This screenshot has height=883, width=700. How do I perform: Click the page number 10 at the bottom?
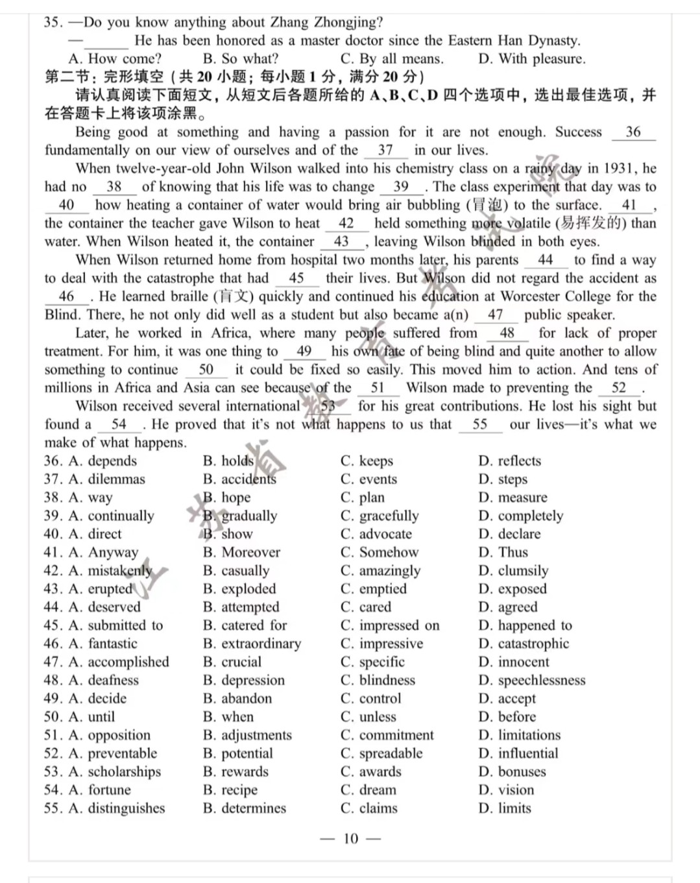[x=350, y=838]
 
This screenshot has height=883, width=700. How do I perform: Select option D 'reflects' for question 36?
[x=518, y=461]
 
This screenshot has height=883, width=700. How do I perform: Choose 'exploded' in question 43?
[x=248, y=588]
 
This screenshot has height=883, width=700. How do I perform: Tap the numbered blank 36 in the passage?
[x=633, y=132]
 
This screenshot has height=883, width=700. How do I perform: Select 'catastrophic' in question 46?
[x=533, y=644]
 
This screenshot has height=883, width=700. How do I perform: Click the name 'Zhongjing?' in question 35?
[x=348, y=22]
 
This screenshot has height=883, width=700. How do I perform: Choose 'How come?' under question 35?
[x=124, y=58]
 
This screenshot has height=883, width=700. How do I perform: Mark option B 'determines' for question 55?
[x=253, y=808]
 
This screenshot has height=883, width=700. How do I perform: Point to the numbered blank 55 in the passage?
[x=480, y=424]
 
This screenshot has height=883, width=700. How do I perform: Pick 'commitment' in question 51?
[x=396, y=735]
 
